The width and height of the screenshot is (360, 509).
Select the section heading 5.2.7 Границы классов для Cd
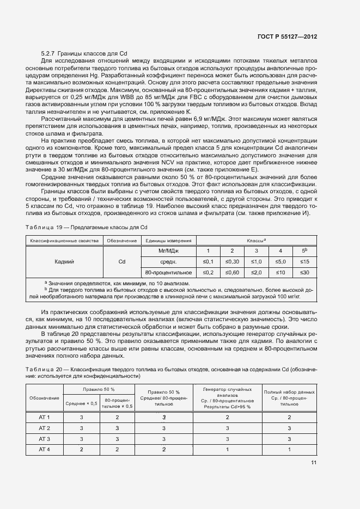pos(84,53)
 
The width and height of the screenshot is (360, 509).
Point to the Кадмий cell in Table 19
pos(65,261)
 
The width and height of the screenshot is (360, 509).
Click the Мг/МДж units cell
pos(168,250)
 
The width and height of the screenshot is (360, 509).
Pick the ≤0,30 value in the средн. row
pos(232,261)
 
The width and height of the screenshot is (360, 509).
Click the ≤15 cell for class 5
pos(304,261)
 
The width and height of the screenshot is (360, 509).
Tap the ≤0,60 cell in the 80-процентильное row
pos(232,272)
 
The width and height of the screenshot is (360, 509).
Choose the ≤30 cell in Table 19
pos(304,272)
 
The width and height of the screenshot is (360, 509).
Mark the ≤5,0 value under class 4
pos(280,261)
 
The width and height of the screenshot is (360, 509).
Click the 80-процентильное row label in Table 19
pos(168,272)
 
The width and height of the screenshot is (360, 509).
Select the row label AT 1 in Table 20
pos(45,418)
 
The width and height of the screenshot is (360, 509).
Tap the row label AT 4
pos(45,449)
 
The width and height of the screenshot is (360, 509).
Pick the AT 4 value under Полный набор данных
pos(289,449)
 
